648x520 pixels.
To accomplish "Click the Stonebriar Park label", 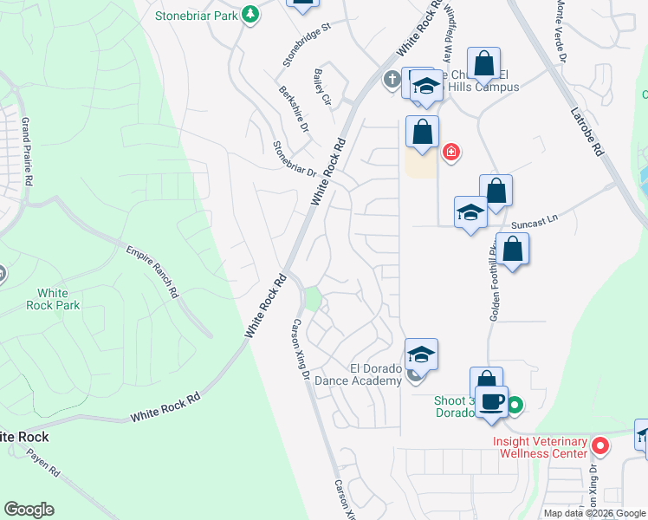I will pos(197,16).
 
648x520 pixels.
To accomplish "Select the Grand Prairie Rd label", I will pos(28,153).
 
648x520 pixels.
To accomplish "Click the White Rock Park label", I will pos(58,299).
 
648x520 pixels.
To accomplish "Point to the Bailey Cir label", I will pos(323,85).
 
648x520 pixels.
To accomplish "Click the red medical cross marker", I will pos(450,153).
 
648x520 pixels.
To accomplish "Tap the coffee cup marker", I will pos(491,402).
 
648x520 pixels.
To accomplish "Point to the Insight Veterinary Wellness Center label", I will pos(534,449).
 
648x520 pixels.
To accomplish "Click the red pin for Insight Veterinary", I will pos(600,447).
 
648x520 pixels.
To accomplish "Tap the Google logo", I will pos(29,510).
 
